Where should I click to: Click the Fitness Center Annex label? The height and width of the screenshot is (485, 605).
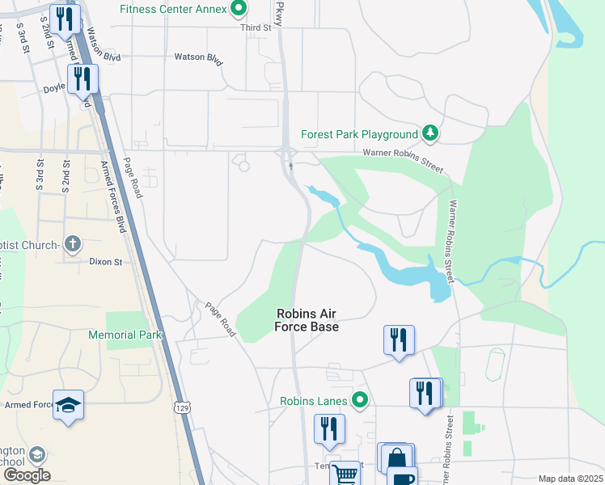click(x=172, y=10)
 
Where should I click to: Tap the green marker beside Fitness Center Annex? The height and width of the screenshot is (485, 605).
click(x=239, y=10)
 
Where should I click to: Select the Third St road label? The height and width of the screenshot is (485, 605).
click(x=256, y=27)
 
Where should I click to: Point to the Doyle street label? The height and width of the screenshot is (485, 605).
click(x=54, y=86)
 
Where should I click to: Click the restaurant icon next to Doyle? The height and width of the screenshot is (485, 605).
click(x=82, y=79)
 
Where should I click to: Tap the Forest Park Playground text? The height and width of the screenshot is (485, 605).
click(x=359, y=134)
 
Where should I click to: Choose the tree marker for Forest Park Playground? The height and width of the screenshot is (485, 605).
click(x=430, y=133)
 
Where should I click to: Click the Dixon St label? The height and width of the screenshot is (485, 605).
click(x=105, y=262)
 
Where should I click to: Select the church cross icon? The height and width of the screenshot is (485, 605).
click(x=73, y=244)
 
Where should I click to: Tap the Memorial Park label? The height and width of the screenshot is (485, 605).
click(x=125, y=335)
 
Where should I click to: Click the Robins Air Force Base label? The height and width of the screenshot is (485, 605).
click(x=307, y=320)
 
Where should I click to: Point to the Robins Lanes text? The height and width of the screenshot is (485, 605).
click(x=314, y=401)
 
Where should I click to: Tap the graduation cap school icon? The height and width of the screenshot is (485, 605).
click(x=69, y=406)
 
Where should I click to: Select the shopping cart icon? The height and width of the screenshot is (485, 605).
click(x=345, y=474)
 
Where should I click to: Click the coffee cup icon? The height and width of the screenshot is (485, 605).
click(x=402, y=478)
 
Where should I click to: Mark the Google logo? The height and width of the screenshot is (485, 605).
click(x=27, y=475)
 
